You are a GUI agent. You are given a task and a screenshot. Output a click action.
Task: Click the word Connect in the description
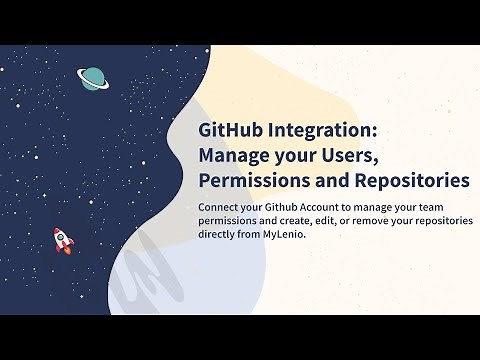(x=221, y=206)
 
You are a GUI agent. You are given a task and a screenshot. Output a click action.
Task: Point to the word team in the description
(x=458, y=206)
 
